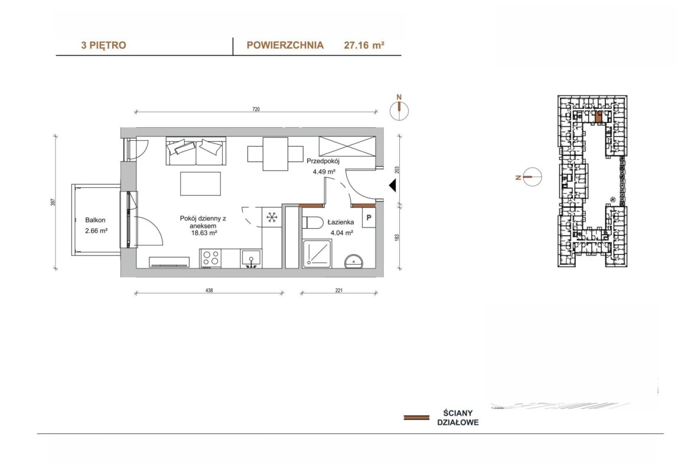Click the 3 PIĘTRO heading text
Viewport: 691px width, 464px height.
(x=103, y=45)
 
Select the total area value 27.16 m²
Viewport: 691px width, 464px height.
(x=364, y=45)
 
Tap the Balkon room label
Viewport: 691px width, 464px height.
(x=95, y=220)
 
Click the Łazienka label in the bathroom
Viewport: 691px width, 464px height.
(x=340, y=222)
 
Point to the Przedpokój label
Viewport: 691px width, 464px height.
(x=323, y=161)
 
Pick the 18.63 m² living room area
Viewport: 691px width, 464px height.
(x=203, y=233)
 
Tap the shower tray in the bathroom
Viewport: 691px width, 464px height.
(x=317, y=254)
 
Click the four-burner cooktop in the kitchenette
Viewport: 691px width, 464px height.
(x=210, y=258)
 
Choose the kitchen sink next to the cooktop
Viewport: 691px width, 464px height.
(x=251, y=258)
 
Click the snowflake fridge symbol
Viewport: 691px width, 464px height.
(x=272, y=217)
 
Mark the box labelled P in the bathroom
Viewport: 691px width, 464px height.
(x=369, y=218)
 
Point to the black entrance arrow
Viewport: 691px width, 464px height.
(x=392, y=186)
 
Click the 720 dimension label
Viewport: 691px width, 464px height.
(x=256, y=109)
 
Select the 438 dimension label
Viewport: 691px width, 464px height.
(x=209, y=291)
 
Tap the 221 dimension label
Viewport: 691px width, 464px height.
(x=339, y=291)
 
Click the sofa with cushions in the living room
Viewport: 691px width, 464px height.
(x=195, y=151)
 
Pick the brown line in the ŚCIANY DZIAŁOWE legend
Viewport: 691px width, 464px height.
(x=416, y=417)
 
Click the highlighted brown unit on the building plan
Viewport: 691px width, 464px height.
(x=598, y=116)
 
